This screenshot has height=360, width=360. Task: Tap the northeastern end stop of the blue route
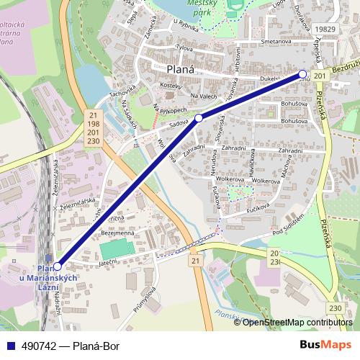click(x=302, y=73)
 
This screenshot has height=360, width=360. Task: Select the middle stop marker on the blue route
click(x=198, y=117)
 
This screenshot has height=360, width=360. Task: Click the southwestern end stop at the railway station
click(x=58, y=265)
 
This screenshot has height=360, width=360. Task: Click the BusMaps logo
click(x=326, y=345)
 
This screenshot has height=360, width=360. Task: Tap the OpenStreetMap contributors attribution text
click(x=298, y=322)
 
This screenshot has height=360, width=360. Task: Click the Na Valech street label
click(x=204, y=96)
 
